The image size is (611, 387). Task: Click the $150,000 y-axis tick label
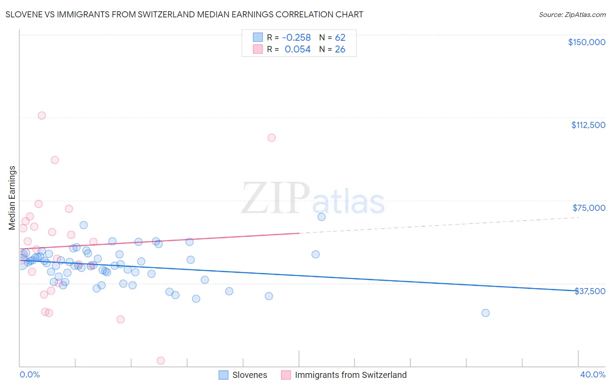(x=586, y=42)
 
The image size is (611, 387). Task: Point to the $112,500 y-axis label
(x=588, y=125)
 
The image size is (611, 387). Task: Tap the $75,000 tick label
(x=589, y=208)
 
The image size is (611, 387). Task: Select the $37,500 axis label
(x=590, y=291)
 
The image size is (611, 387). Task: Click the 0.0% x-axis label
(x=30, y=374)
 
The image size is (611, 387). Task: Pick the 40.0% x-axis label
(x=592, y=374)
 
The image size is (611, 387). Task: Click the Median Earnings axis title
(x=12, y=198)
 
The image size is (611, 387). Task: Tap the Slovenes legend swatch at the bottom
(x=223, y=375)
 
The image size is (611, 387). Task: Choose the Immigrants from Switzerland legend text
(x=350, y=375)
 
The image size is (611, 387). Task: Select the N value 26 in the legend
(x=340, y=49)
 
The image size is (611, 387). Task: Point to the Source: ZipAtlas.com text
(x=572, y=14)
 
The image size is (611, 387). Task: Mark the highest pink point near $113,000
(x=42, y=115)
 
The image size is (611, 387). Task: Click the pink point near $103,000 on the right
(x=272, y=138)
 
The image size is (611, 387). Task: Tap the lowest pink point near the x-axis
(x=160, y=361)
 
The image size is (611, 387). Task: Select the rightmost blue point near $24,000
(x=485, y=313)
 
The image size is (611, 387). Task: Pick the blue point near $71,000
(x=322, y=217)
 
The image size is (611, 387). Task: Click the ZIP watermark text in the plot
(x=275, y=198)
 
